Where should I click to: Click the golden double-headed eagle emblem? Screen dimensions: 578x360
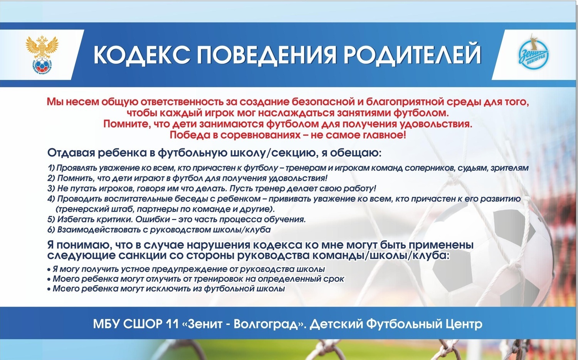(41, 56)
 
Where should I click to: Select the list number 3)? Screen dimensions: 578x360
(51, 188)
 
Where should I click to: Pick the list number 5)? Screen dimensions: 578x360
(51, 219)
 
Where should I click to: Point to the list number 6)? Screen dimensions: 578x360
(51, 230)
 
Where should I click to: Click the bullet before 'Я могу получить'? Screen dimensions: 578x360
(49, 270)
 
